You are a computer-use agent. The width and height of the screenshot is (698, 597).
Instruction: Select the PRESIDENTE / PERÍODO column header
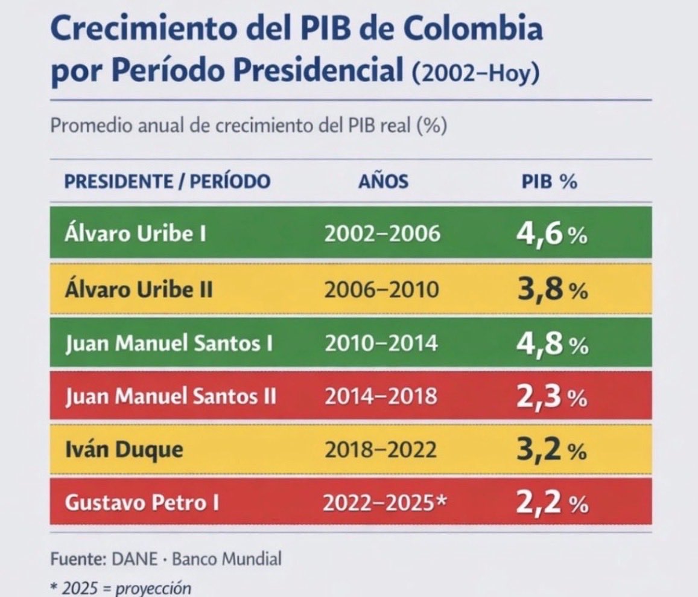click(167, 182)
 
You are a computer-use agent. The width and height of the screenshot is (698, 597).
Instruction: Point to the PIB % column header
click(549, 182)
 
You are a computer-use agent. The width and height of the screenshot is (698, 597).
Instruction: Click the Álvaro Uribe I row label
click(135, 234)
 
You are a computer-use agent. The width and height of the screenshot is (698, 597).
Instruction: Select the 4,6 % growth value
click(551, 234)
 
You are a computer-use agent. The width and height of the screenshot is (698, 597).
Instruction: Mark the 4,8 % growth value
click(551, 343)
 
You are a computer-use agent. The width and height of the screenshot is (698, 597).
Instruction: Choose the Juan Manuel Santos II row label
click(171, 397)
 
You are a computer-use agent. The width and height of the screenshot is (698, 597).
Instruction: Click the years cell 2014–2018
click(381, 397)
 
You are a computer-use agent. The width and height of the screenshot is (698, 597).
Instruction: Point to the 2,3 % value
click(551, 397)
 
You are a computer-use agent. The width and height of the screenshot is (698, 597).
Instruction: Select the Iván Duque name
click(124, 450)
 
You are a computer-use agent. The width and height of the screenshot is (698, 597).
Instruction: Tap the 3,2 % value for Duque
click(551, 450)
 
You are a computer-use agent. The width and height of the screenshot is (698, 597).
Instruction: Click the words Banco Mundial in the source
click(227, 559)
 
